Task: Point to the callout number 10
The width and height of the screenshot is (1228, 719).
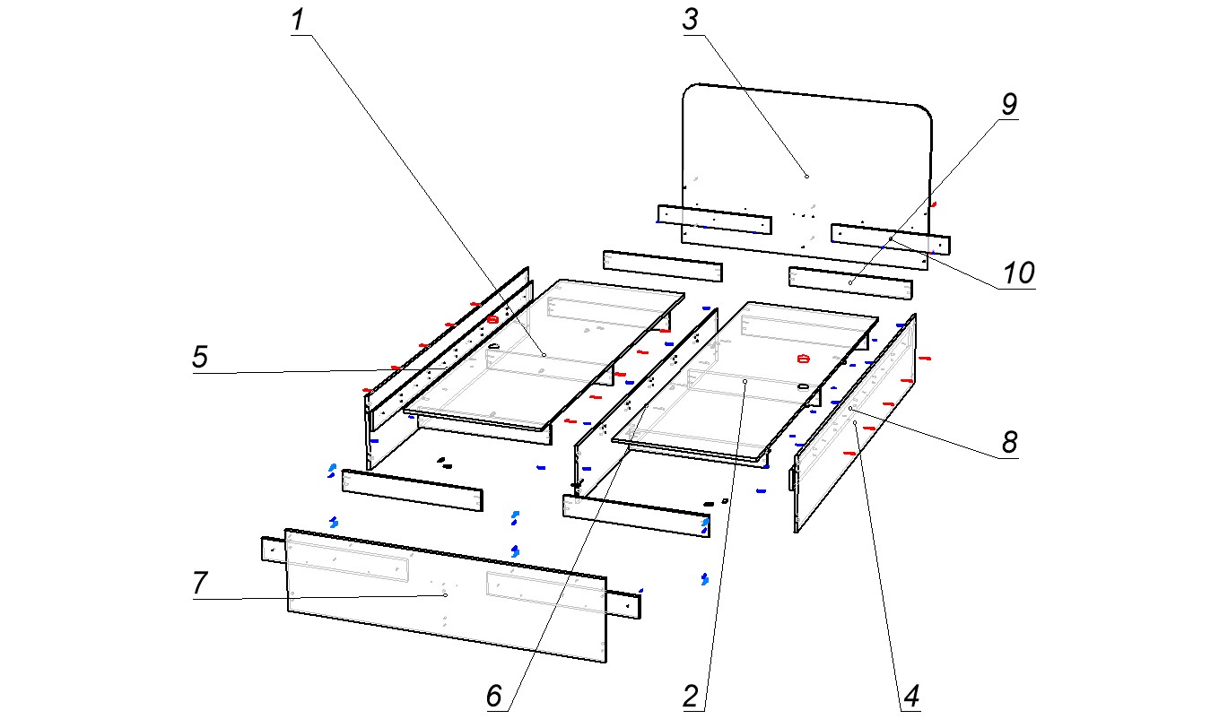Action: click(x=1018, y=273)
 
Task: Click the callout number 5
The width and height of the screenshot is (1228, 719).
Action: click(x=200, y=358)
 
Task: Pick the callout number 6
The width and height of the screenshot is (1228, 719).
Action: click(x=494, y=696)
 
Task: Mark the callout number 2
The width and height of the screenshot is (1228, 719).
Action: click(x=691, y=696)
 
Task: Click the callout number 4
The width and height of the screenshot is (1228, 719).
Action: click(x=911, y=696)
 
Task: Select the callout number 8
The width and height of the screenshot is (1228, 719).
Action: click(x=1010, y=442)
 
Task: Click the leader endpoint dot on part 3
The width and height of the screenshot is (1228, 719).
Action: click(x=806, y=176)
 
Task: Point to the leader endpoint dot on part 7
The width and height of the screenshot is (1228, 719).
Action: click(x=445, y=594)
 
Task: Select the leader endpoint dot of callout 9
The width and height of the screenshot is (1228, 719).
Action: click(x=850, y=282)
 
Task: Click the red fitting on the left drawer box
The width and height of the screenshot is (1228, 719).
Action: click(x=492, y=318)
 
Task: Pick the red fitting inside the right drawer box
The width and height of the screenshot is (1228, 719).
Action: click(x=803, y=359)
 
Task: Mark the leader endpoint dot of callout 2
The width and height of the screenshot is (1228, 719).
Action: click(x=745, y=381)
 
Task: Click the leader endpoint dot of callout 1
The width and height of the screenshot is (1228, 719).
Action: click(x=544, y=354)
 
